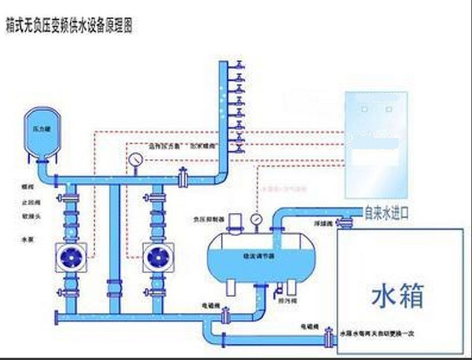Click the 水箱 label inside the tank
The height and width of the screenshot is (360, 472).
click(x=398, y=295)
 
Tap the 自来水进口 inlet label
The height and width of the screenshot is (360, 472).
click(x=386, y=213)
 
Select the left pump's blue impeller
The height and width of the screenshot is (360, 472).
click(x=71, y=257)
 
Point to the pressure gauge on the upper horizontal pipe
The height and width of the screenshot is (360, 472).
click(x=136, y=159)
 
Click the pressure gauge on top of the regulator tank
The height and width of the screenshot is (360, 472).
click(x=255, y=219)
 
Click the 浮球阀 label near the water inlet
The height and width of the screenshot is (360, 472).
click(x=322, y=223)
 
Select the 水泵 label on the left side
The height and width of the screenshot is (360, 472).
click(x=27, y=239)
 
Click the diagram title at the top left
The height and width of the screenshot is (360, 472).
click(x=69, y=27)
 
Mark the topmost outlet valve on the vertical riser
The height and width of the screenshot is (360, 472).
click(x=239, y=65)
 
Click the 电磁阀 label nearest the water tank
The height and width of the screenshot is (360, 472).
click(x=310, y=328)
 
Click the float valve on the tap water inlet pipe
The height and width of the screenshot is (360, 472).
click(x=346, y=220)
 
